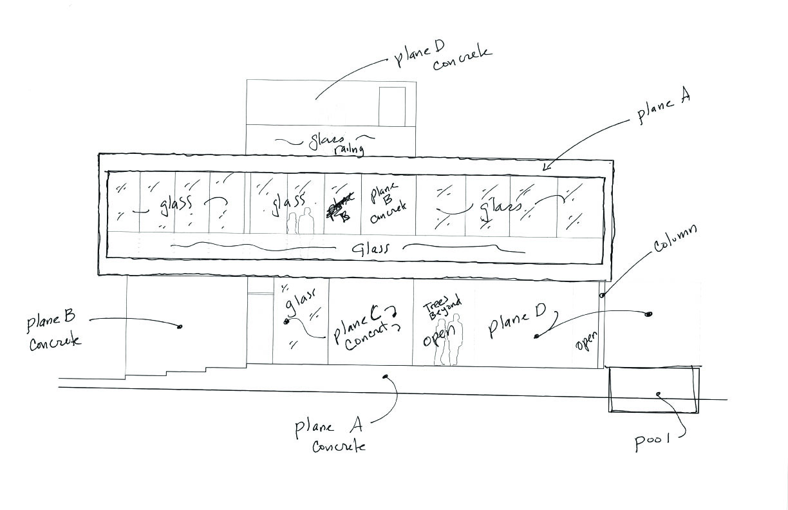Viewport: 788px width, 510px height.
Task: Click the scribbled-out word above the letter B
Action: click(337, 205)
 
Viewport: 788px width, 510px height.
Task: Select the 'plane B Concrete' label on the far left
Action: click(54, 330)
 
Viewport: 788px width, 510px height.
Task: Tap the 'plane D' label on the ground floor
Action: click(517, 322)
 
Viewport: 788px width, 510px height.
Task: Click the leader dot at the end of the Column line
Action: click(602, 296)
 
